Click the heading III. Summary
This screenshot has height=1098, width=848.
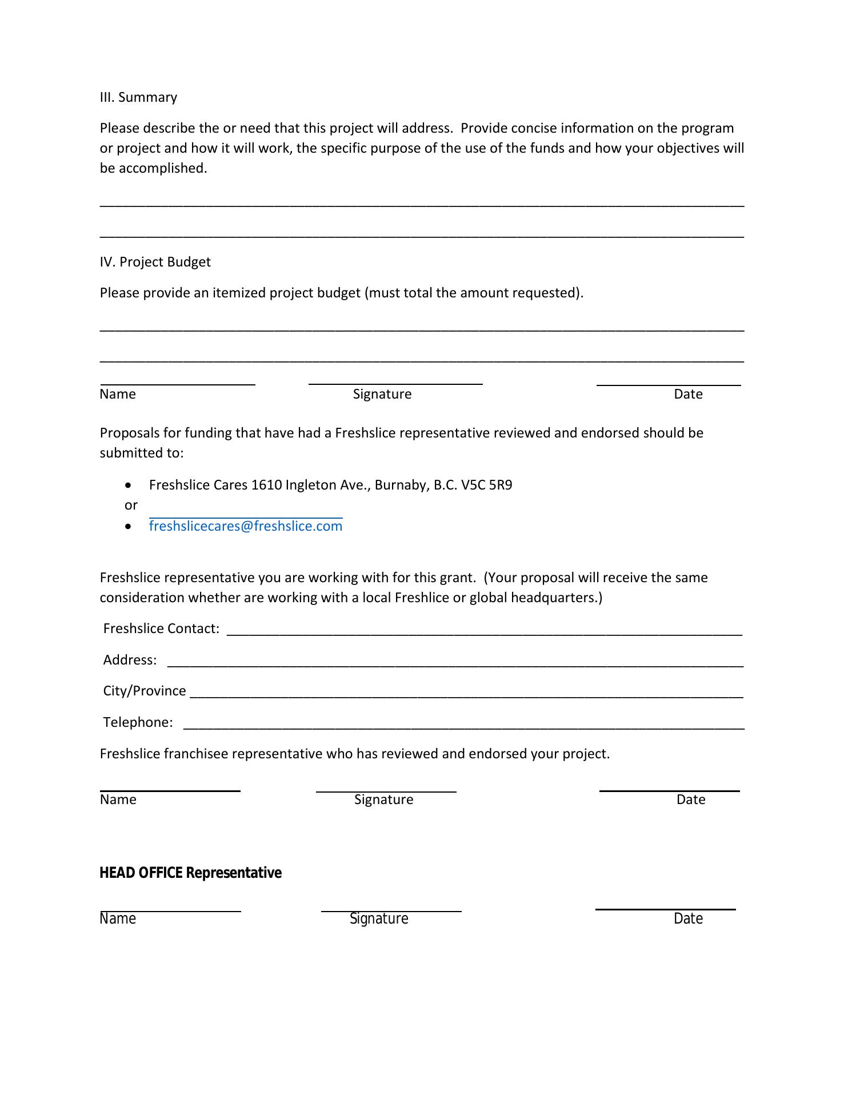coord(138,97)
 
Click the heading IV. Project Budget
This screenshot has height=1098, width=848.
coord(155,262)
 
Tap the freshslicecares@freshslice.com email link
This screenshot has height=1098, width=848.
coord(246,526)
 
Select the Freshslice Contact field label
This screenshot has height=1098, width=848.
coord(161,628)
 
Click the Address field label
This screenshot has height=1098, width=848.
coord(130,660)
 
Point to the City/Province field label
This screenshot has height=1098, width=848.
coord(145,691)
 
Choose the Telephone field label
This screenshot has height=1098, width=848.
coord(138,722)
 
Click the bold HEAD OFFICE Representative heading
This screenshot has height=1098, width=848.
coord(190,873)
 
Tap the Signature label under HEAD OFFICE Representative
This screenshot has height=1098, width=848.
coord(379,918)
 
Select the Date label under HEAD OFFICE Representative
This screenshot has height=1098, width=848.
coord(688,918)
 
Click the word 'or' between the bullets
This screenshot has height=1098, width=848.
coord(131,505)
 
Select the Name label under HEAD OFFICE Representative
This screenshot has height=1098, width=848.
coord(118,918)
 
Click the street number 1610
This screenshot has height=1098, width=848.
coord(266,485)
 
